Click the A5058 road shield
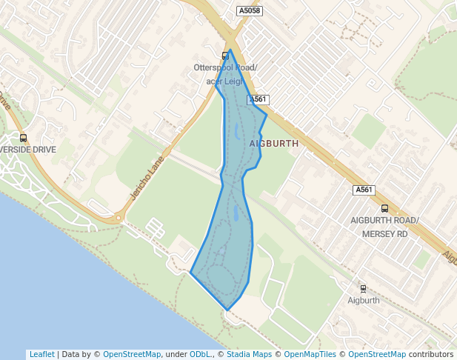pyautogui.click(x=250, y=11)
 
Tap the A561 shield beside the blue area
pyautogui.click(x=257, y=99)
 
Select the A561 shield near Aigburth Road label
pyautogui.click(x=363, y=190)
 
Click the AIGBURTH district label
pyautogui.click(x=274, y=143)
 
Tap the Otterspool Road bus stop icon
pyautogui.click(x=225, y=56)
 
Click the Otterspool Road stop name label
pyautogui.click(x=224, y=74)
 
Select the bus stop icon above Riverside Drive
pyautogui.click(x=24, y=138)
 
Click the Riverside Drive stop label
pyautogui.click(x=28, y=149)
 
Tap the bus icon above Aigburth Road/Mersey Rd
pyautogui.click(x=384, y=209)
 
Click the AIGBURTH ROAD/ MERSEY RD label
pyautogui.click(x=384, y=227)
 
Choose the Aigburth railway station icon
pyautogui.click(x=363, y=288)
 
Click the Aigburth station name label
pyautogui.click(x=364, y=300)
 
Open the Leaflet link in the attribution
pyautogui.click(x=41, y=354)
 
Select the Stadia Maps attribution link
pyautogui.click(x=249, y=354)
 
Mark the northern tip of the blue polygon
pyautogui.click(x=230, y=50)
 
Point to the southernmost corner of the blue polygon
pyautogui.click(x=227, y=310)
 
